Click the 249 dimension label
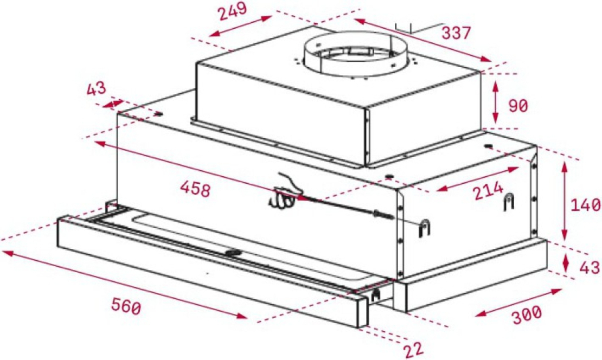coord(233,11)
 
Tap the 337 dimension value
coord(456,34)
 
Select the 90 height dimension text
coord(518,106)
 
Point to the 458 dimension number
coord(195,189)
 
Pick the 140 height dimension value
coord(585,205)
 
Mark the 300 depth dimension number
coord(526,314)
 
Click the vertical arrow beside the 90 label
coord(495,102)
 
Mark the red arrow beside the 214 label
coord(477,179)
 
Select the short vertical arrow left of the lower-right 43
coord(566,263)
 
